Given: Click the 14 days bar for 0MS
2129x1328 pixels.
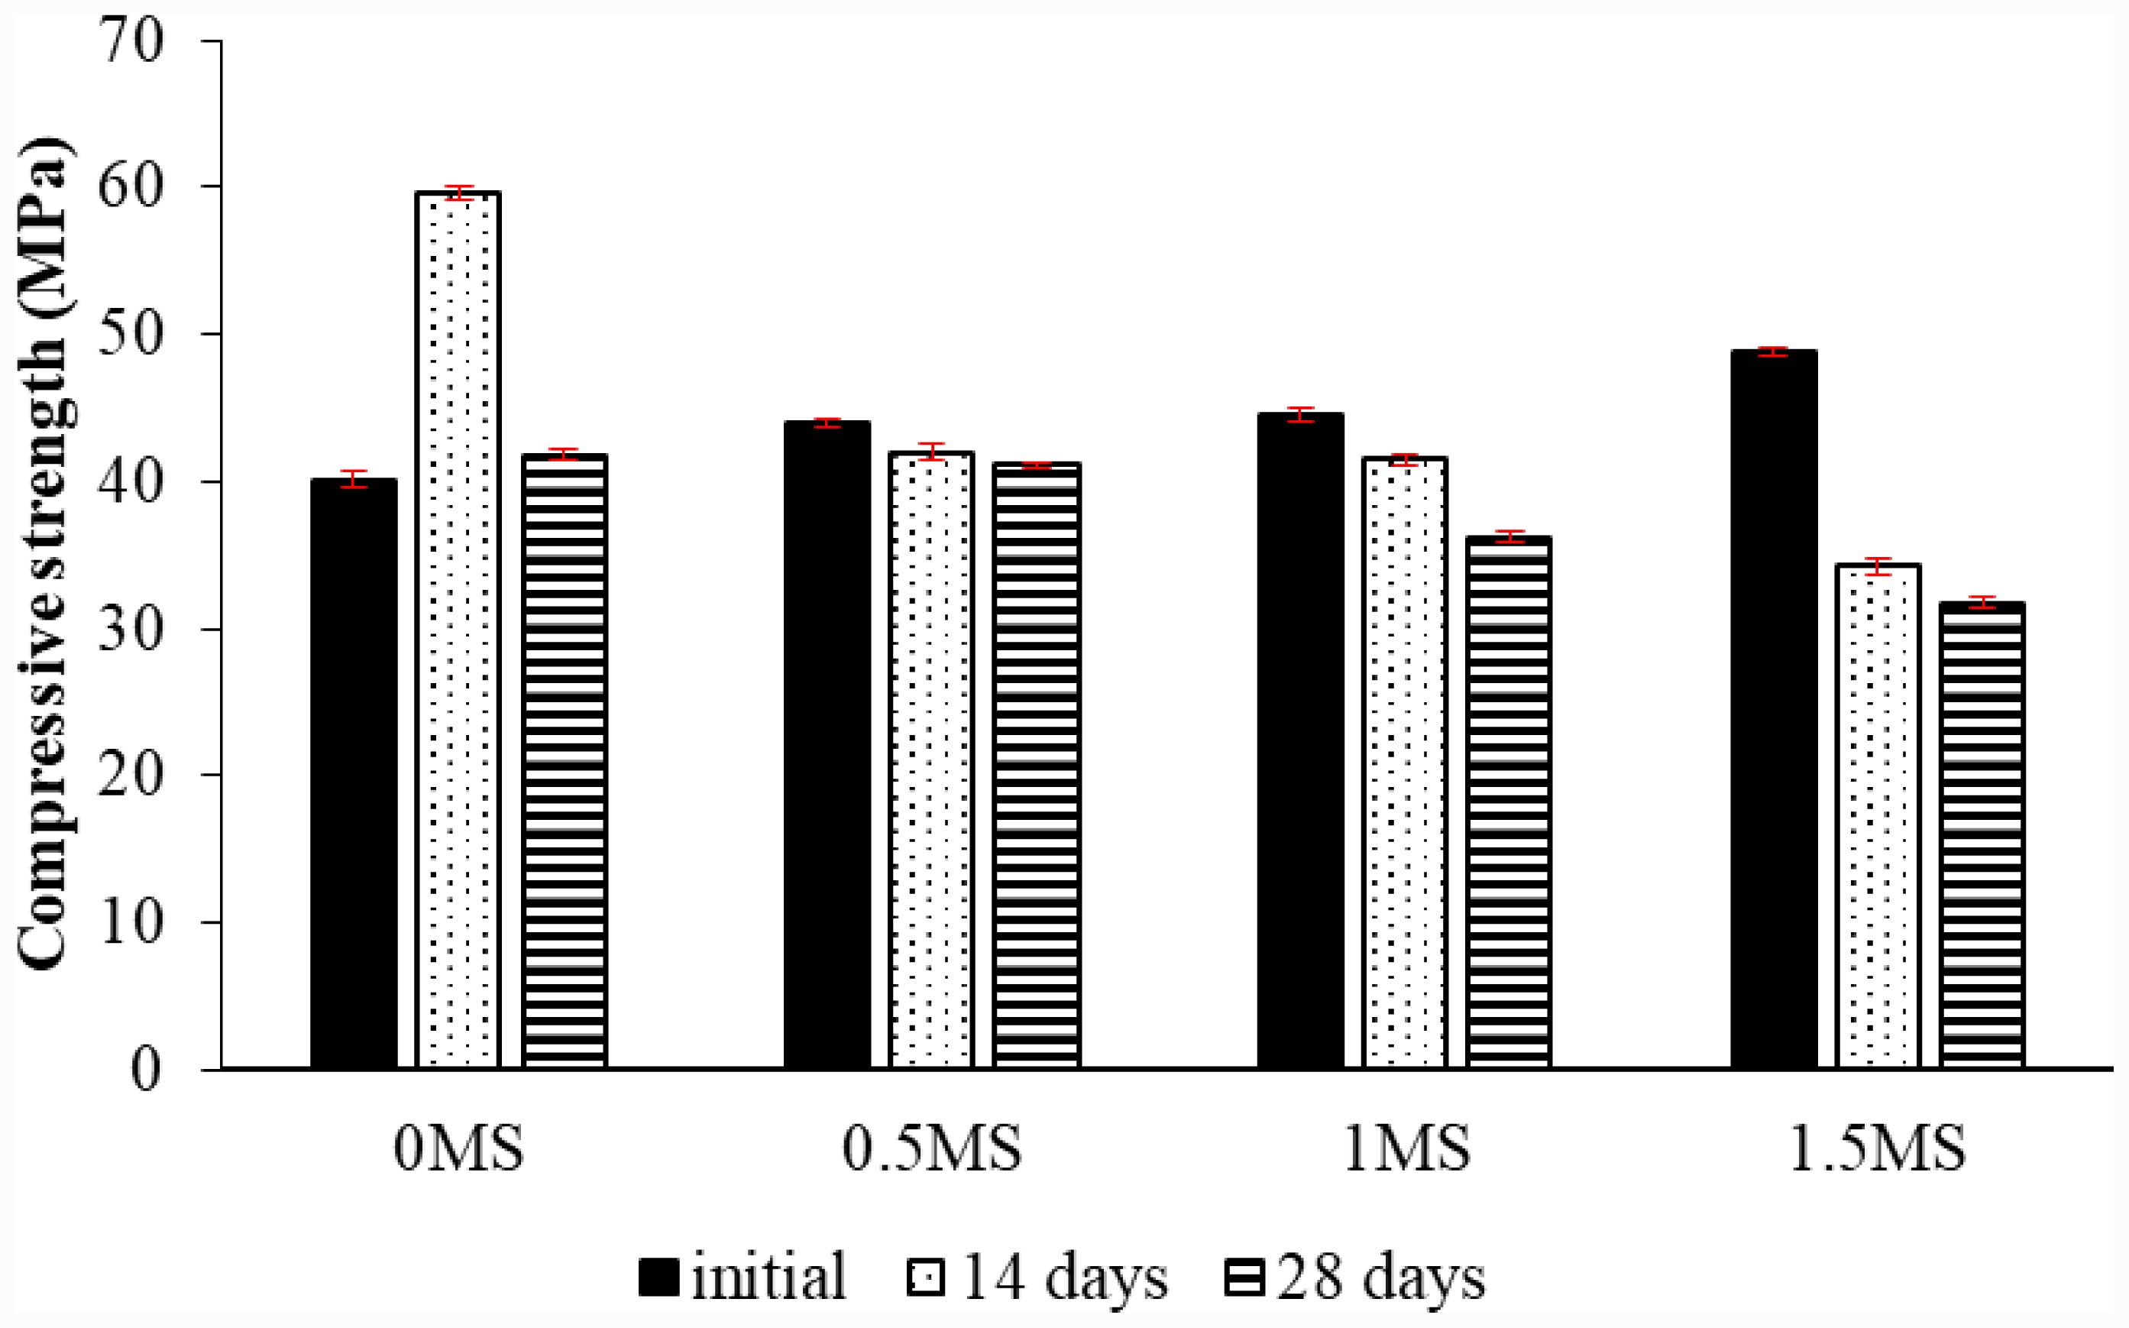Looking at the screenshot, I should pyautogui.click(x=458, y=629).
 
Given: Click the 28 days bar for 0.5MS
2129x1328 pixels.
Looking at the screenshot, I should pyautogui.click(x=1036, y=764).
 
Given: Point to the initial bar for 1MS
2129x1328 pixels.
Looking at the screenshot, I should pyautogui.click(x=1300, y=740).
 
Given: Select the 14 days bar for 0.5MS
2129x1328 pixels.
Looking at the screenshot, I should pyautogui.click(x=930, y=759).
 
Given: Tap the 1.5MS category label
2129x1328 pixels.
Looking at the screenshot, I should pyautogui.click(x=1877, y=1149).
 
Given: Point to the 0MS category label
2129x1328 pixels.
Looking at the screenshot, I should pyautogui.click(x=458, y=1149).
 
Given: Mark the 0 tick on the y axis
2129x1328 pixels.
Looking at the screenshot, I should pyautogui.click(x=147, y=1070).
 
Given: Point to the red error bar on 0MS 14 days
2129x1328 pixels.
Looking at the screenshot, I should pyautogui.click(x=458, y=193).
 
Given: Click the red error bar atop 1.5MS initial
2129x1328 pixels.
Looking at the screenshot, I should pyautogui.click(x=1774, y=351).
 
